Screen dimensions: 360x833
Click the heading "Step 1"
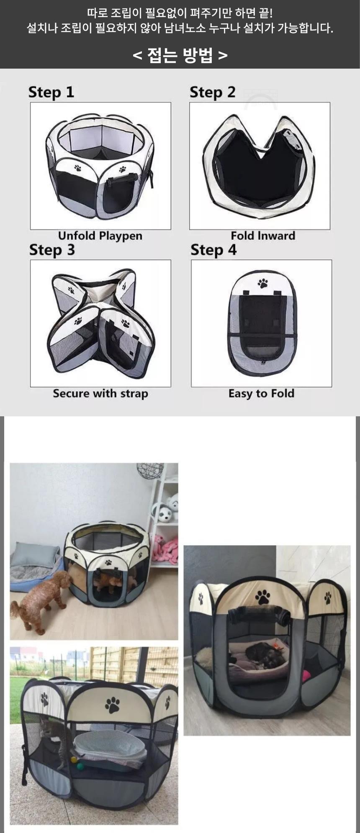pyautogui.click(x=51, y=92)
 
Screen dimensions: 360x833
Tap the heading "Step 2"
pyautogui.click(x=213, y=92)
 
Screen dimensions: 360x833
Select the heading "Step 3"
pyautogui.click(x=52, y=250)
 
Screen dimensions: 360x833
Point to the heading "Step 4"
pyautogui.click(x=213, y=250)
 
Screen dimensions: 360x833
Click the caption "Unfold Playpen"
pyautogui.click(x=100, y=236)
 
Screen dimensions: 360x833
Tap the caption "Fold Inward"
pyautogui.click(x=263, y=236)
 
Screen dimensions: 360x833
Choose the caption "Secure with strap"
pyautogui.click(x=100, y=394)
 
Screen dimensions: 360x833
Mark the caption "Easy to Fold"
pyautogui.click(x=261, y=394)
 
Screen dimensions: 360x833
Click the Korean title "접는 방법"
pyautogui.click(x=180, y=55)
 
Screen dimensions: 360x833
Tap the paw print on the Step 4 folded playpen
pyautogui.click(x=263, y=284)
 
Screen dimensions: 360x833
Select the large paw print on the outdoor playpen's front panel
pyautogui.click(x=112, y=705)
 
